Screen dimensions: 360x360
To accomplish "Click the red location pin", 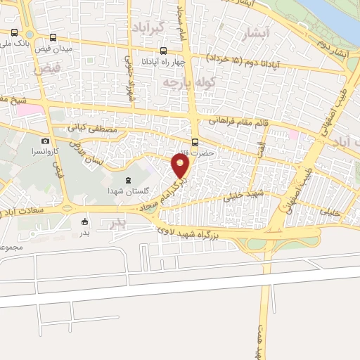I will coord(181,166).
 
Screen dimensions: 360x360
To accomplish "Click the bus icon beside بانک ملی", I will coord(15,32).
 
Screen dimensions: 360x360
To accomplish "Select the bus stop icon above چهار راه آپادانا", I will coord(164,51).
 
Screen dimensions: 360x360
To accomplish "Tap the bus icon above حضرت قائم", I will coord(195,141).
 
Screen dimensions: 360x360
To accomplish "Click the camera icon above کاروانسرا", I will coord(46,141).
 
